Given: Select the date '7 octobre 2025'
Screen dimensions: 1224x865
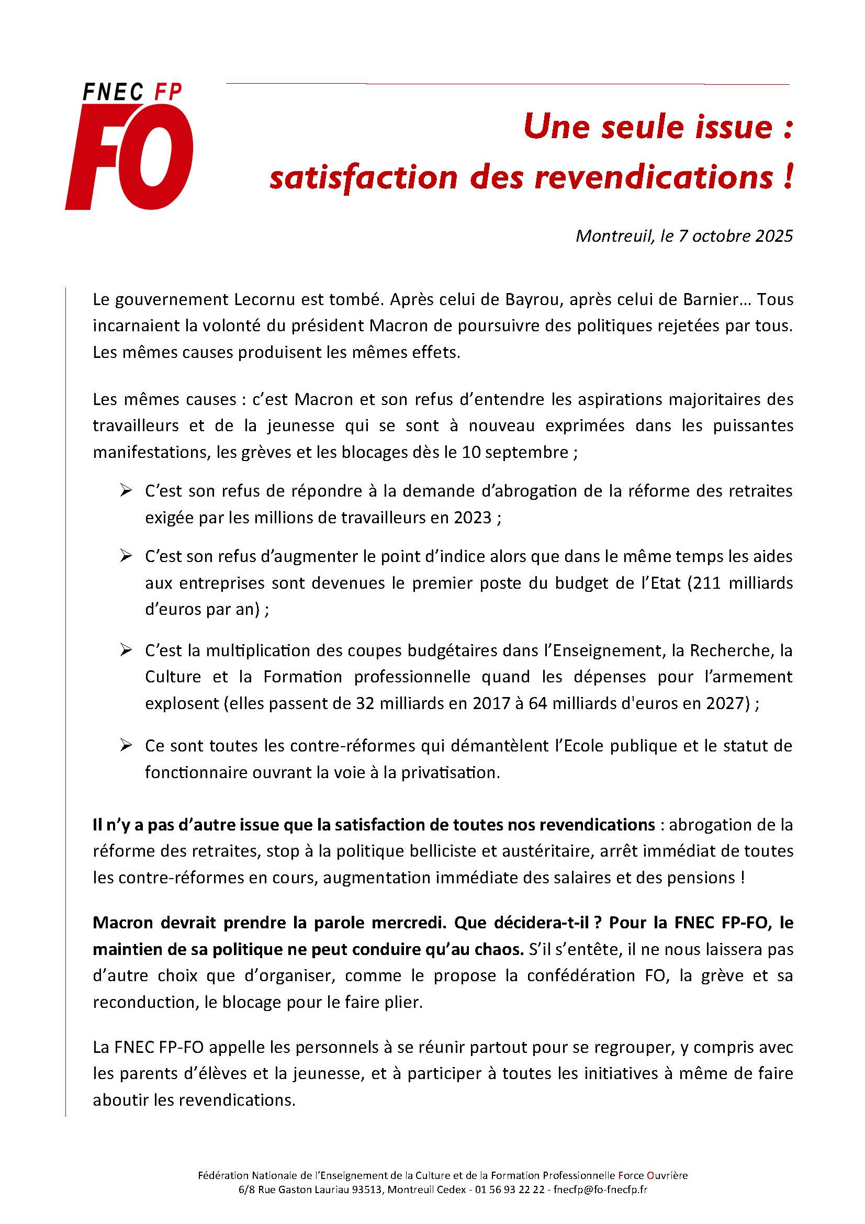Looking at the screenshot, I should coord(736,236).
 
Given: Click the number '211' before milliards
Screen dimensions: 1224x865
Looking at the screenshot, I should coord(712,582).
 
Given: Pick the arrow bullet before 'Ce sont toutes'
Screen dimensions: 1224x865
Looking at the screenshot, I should coord(126,745).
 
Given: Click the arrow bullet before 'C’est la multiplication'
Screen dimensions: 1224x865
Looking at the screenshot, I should coord(126,650).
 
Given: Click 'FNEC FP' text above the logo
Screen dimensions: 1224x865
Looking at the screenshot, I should coord(133,93).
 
